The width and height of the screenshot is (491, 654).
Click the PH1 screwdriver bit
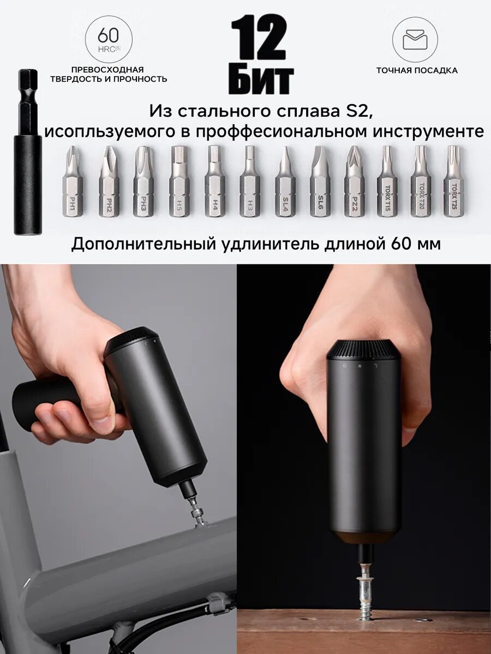72,183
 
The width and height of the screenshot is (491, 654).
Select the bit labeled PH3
143,183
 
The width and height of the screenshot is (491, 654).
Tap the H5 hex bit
179,183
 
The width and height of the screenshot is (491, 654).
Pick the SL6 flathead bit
320,183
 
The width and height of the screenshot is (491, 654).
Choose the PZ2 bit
354,183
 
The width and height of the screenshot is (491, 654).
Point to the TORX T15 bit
387,183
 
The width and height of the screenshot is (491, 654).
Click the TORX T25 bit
453,183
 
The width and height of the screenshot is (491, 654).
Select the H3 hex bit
249,183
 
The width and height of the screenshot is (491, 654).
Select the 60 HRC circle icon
109,39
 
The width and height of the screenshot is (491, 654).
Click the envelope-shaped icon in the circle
415,39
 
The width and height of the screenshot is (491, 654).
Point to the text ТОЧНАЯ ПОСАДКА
416,70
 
